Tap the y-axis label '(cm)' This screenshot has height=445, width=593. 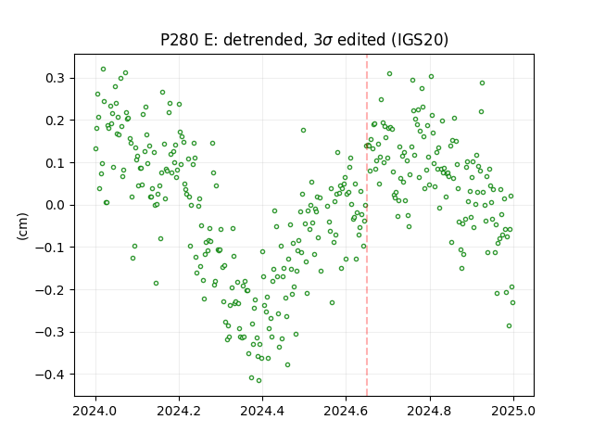pyautogui.click(x=22, y=226)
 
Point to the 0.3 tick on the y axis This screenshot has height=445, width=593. pyautogui.click(x=56, y=78)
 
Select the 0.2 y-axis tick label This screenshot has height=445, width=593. pyautogui.click(x=56, y=121)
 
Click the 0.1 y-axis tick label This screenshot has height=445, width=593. pyautogui.click(x=56, y=163)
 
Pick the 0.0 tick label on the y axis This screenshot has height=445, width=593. pyautogui.click(x=56, y=206)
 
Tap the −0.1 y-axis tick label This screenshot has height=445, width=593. pyautogui.click(x=50, y=248)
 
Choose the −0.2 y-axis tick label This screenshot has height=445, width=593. pyautogui.click(x=50, y=290)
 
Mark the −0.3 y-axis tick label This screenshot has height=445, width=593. pyautogui.click(x=50, y=333)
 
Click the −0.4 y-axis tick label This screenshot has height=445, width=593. pyautogui.click(x=50, y=375)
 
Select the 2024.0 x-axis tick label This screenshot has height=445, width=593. pyautogui.click(x=95, y=411)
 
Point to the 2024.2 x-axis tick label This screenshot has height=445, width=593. pyautogui.click(x=179, y=411)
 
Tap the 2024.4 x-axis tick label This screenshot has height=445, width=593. pyautogui.click(x=262, y=411)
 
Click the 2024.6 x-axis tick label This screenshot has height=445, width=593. pyautogui.click(x=346, y=411)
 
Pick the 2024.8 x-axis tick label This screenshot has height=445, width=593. pyautogui.click(x=430, y=411)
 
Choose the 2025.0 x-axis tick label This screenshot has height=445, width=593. pyautogui.click(x=513, y=411)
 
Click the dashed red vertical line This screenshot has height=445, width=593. pyautogui.click(x=367, y=225)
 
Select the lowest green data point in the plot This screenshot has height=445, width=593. pyautogui.click(x=259, y=381)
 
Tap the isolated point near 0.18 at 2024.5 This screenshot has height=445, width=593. pyautogui.click(x=303, y=131)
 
